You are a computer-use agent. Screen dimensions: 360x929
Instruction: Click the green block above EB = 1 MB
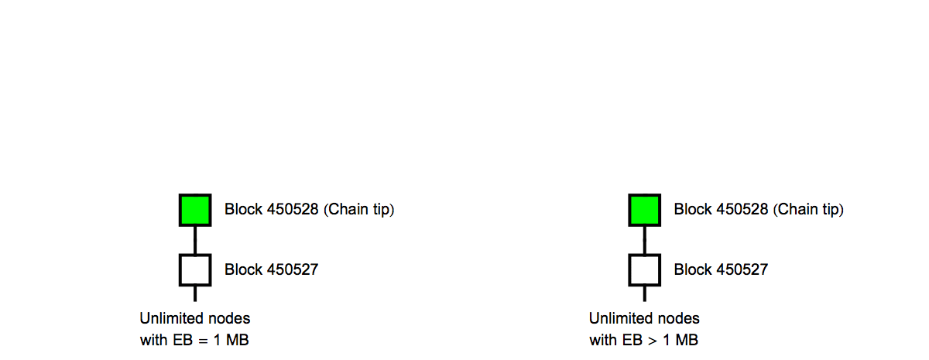(x=195, y=210)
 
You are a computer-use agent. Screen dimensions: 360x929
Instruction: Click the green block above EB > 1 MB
(x=644, y=210)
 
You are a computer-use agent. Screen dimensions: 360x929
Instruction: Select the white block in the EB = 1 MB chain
(x=195, y=269)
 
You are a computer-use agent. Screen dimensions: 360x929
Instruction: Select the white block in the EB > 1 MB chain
(x=644, y=269)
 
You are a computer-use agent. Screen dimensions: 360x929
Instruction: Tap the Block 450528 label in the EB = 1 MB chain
(x=271, y=210)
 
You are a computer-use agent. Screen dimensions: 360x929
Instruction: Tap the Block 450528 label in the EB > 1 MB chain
(x=721, y=210)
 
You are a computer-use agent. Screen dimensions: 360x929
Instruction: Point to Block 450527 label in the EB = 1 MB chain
(x=271, y=270)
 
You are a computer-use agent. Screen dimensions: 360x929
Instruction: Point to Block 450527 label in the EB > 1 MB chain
(x=721, y=270)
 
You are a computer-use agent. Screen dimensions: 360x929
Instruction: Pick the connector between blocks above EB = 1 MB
(x=195, y=239)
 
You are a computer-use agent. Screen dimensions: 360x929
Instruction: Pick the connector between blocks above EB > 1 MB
(x=644, y=239)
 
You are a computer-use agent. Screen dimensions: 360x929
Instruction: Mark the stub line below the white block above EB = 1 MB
(x=195, y=293)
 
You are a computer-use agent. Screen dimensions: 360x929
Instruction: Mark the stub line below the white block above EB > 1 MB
(x=644, y=293)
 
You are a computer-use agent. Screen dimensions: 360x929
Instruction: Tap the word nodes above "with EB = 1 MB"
(x=231, y=318)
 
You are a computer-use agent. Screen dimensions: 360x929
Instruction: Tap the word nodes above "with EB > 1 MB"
(x=680, y=318)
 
